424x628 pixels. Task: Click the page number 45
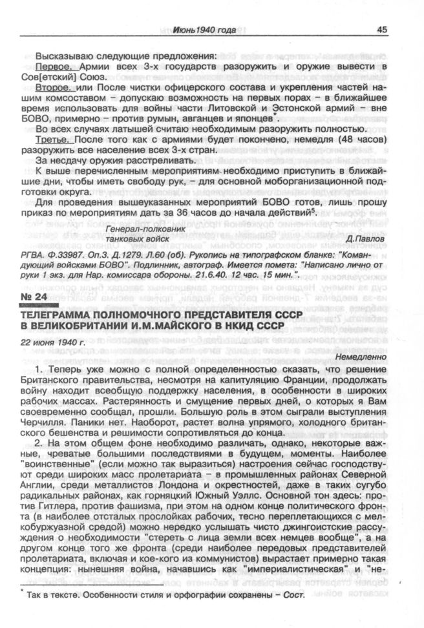[381, 30]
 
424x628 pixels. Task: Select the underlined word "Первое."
[56, 67]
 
